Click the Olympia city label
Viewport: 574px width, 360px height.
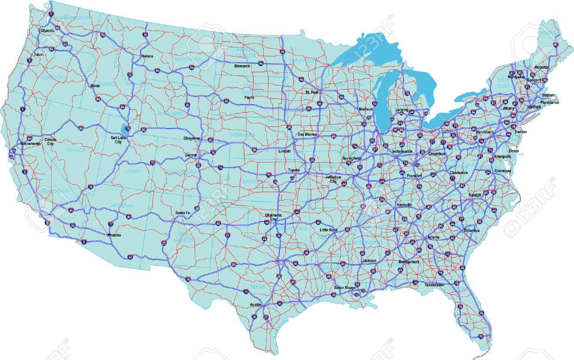pos(47,31)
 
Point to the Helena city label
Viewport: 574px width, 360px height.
pos(147,57)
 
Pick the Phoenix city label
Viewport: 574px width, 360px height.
pos(114,235)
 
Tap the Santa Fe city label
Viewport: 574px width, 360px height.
pos(182,213)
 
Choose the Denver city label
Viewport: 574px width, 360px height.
pos(191,155)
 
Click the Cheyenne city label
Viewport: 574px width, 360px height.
pos(192,139)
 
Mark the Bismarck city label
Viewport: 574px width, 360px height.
pos(242,66)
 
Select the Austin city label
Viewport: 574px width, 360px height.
pos(256,305)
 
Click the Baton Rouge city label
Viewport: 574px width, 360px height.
pos(344,288)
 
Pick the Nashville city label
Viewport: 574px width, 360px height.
pos(404,205)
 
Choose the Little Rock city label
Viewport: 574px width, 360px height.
pos(329,230)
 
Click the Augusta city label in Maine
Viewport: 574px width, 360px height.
pos(541,67)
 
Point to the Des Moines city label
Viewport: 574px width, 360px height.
pos(307,134)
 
